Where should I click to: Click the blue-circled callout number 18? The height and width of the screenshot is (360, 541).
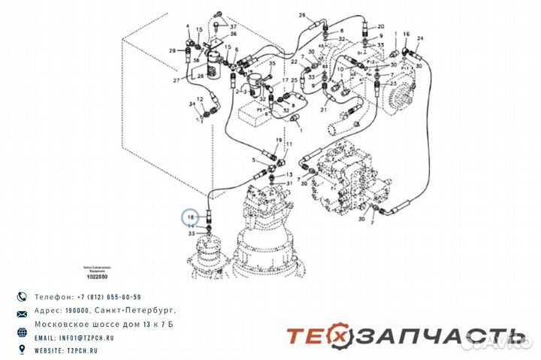point(191,216)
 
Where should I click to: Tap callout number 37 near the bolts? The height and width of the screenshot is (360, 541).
point(233,26)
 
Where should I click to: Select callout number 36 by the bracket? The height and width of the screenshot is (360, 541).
point(233,34)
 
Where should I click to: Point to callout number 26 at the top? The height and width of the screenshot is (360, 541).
point(302,15)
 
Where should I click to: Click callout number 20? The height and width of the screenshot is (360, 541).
point(381,25)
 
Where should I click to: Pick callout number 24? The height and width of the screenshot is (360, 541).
point(420,39)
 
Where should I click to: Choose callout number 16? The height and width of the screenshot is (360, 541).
point(407,35)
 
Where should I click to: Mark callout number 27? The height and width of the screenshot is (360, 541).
point(177,79)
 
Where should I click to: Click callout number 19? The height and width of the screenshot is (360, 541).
point(279,141)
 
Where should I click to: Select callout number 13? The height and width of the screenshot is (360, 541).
point(291,174)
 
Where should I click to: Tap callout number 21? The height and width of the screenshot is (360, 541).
point(325,110)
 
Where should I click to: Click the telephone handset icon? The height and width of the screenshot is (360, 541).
point(22,297)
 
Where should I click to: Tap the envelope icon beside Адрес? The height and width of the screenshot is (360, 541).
point(22,312)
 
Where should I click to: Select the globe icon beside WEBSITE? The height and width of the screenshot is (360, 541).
point(22,351)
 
